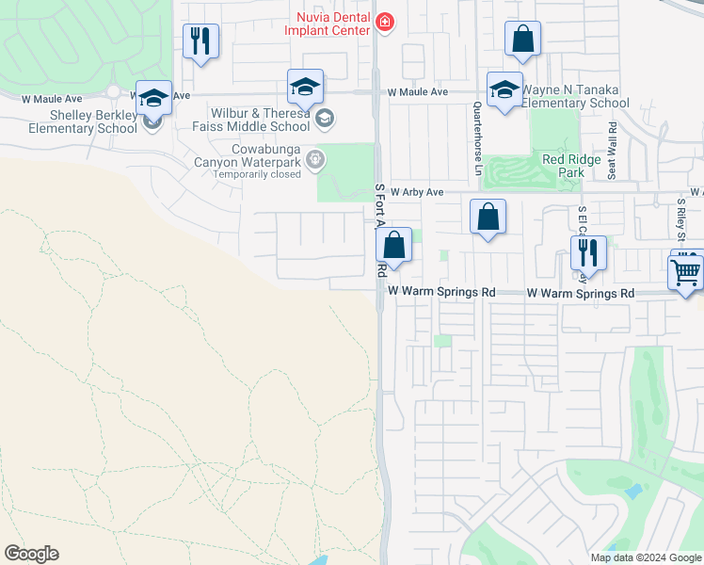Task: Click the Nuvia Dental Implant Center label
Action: coord(328,24)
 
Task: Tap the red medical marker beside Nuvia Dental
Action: coord(383,21)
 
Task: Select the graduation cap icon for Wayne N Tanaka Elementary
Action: coord(504,89)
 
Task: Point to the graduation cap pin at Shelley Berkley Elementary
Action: coord(153,98)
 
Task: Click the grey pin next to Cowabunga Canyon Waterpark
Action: coord(316,160)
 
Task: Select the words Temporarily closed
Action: coord(256,174)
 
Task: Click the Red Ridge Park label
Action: coord(570,166)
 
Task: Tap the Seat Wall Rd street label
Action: coord(612,148)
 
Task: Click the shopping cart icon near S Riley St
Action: coord(685,271)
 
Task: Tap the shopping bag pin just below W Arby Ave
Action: coord(488,218)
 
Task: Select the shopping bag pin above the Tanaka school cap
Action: coord(522,40)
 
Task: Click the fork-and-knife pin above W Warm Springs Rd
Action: coord(588,252)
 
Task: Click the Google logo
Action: coord(31,554)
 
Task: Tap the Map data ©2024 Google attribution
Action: coord(646,557)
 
